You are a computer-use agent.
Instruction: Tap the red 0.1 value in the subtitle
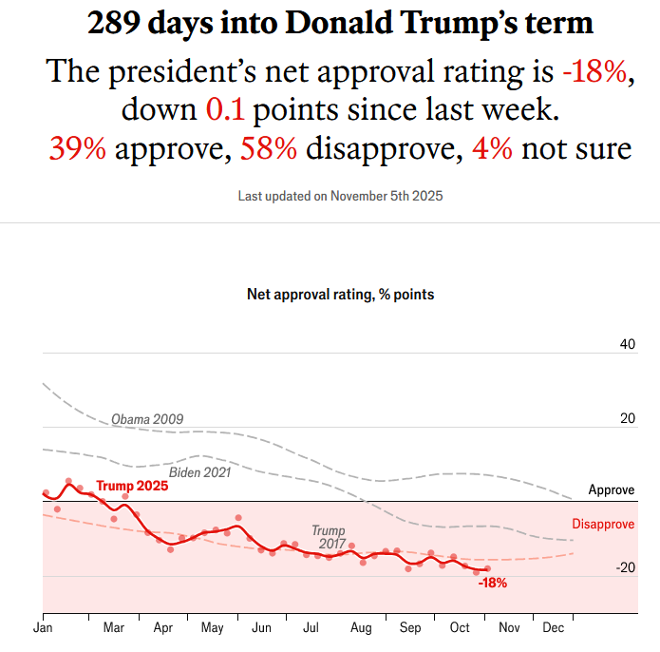225,109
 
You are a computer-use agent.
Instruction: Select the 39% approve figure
78,148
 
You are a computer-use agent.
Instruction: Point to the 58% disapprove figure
269,148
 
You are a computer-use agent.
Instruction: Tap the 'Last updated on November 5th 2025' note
341,197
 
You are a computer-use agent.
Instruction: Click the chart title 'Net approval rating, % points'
340,295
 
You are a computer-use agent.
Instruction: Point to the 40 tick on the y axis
627,344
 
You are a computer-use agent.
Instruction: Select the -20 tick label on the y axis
624,567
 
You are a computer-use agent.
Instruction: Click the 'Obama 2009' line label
147,419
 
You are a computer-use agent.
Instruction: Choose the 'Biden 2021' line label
200,472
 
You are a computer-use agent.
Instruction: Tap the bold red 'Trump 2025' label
132,486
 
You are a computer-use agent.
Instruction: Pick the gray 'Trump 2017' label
330,537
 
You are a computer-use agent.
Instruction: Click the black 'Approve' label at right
612,490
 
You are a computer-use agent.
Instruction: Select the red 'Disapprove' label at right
604,524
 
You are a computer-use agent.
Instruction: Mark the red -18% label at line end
492,584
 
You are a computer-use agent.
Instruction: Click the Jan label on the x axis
42,628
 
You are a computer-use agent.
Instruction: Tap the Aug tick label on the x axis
361,628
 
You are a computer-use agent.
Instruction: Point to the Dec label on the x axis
552,628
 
